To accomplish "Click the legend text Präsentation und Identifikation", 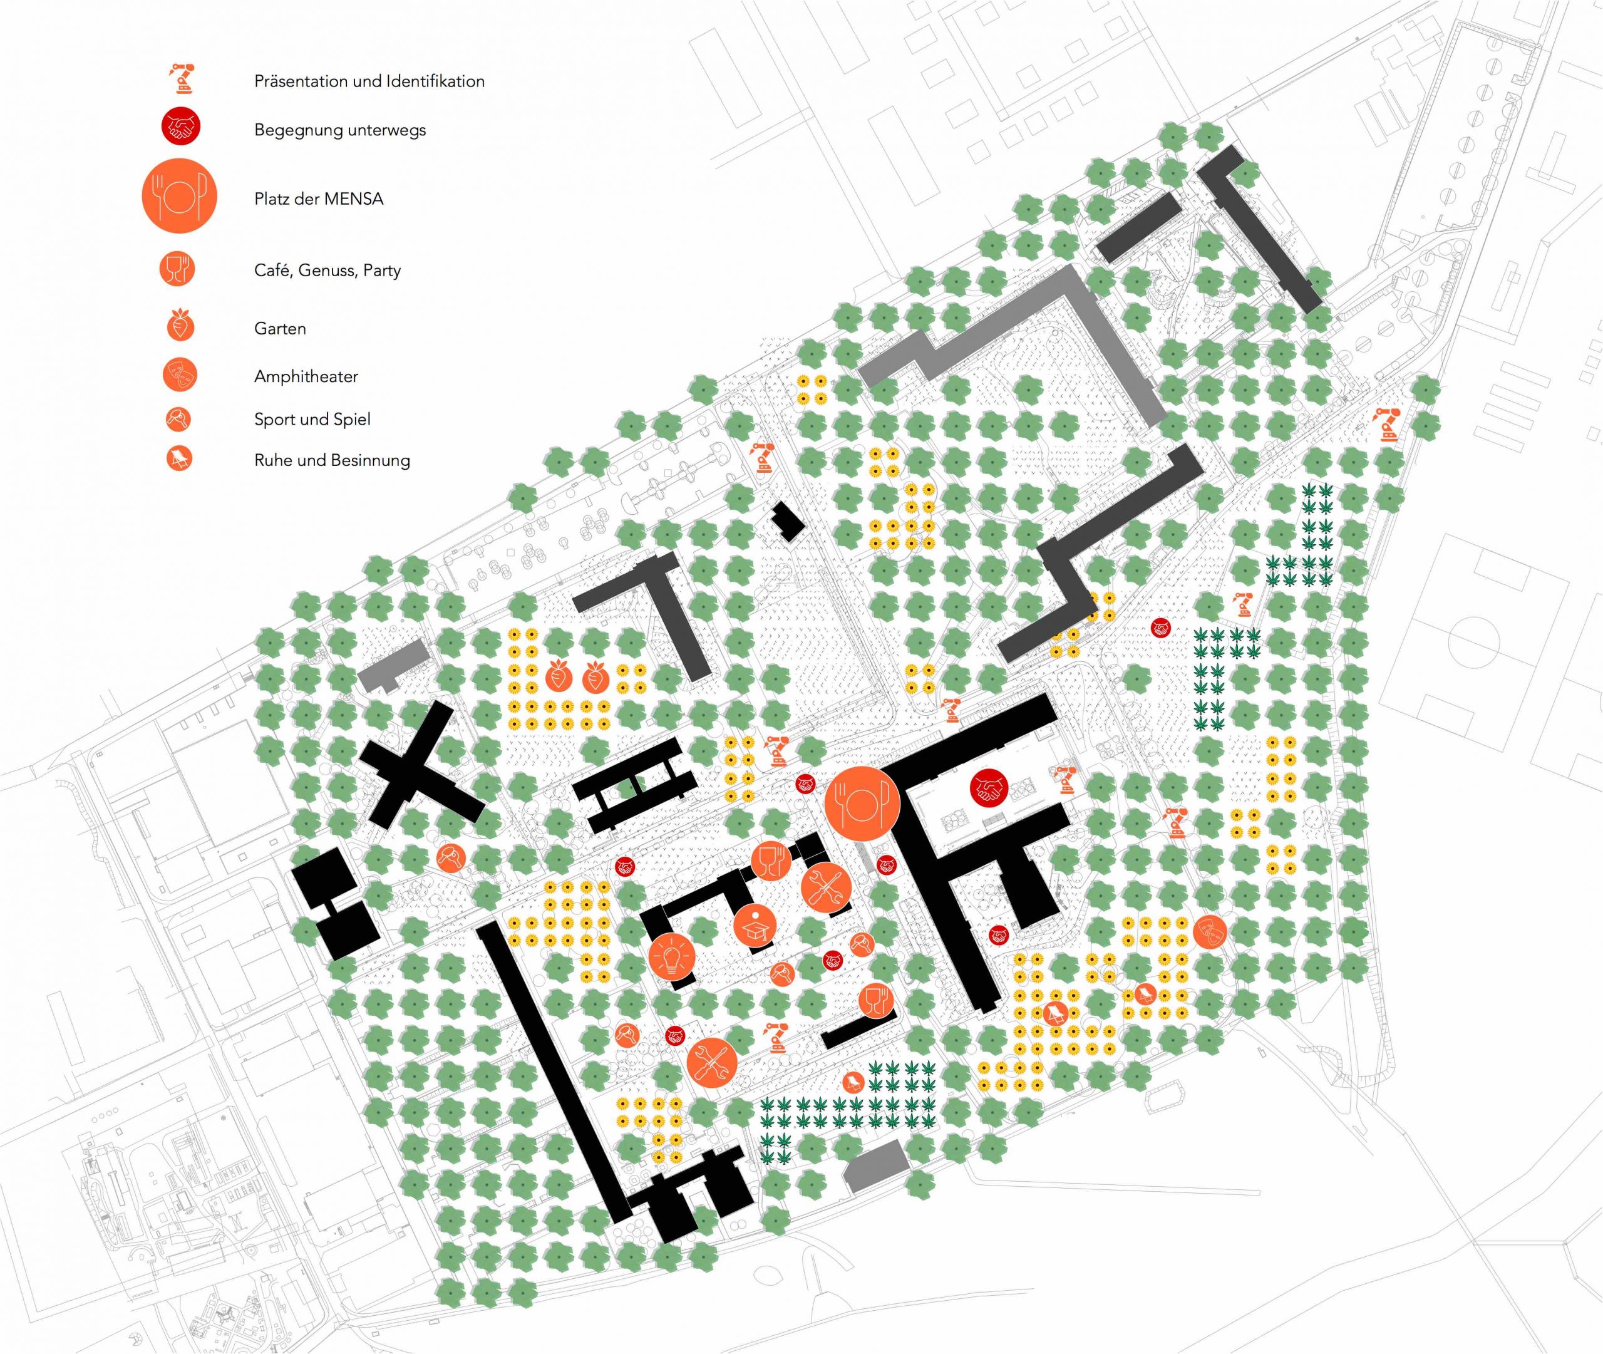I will pos(369,81).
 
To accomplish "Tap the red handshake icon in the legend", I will pos(180,127).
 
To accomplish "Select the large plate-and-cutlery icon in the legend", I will pos(180,197).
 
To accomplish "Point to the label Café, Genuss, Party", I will pos(327,270).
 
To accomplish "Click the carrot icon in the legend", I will pos(180,326).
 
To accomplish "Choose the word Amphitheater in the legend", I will pos(306,376).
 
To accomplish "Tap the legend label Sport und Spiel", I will pos(312,419).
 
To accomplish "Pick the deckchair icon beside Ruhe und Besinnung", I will pos(180,459).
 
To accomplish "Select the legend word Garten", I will pos(279,329).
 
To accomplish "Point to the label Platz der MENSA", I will pos(319,199).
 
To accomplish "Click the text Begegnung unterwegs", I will pos(339,130).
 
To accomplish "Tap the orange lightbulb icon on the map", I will pos(671,959).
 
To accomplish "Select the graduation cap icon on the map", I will pos(755,926).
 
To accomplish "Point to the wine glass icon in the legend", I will pos(178,269).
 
